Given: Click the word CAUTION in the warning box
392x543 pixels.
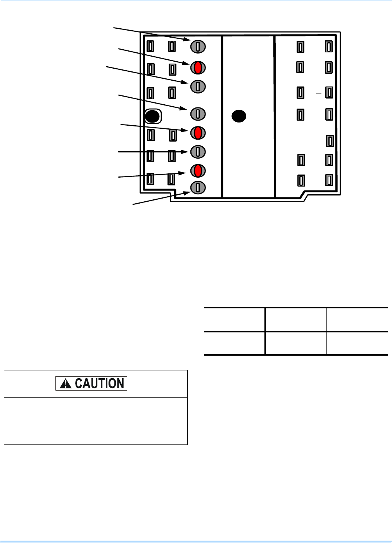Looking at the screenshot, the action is pos(99,383).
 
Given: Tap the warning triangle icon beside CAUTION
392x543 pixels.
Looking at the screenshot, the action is pos(66,384).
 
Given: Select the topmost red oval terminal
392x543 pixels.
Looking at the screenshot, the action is pos(198,67).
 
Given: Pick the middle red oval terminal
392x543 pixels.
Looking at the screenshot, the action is pos(198,133).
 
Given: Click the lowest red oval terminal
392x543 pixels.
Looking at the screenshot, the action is pos(198,171).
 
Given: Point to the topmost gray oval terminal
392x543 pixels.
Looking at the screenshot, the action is pos(198,47).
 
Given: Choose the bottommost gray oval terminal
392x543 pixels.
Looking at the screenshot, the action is pos(198,188).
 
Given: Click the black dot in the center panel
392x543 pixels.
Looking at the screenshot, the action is pos(239,116).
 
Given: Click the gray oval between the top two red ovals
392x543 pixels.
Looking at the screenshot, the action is pos(198,86).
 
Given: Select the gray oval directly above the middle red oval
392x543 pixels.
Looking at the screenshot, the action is pos(198,114).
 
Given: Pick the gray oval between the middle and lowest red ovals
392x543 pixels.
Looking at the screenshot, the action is pos(198,151).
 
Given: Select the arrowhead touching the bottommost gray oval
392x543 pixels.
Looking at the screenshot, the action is pos(187,192).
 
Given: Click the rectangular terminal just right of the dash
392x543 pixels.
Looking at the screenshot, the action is pos(329,92).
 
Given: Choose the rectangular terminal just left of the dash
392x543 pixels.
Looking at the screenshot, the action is pos(300,92).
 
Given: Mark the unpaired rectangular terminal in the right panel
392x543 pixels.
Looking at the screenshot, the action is pos(330,140).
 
